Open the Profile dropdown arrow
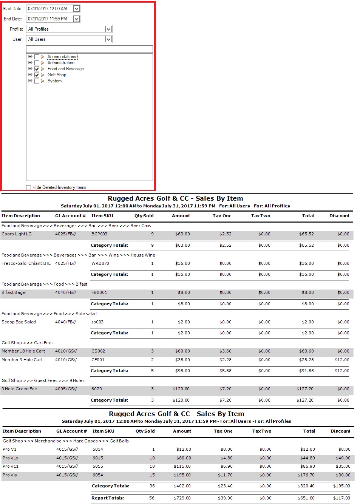tap(108, 29)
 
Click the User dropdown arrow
tap(108, 39)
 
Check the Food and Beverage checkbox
tap(37, 69)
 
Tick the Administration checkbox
tap(37, 63)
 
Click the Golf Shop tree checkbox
tap(37, 75)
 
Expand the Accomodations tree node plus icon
tap(30, 57)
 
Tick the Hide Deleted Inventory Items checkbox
tap(29, 187)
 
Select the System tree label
tap(54, 81)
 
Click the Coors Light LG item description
tap(17, 234)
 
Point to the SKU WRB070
tap(100, 264)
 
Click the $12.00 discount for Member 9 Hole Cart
tap(342, 360)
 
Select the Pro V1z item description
tap(11, 467)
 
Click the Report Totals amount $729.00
tap(182, 498)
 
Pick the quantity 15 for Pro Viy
tap(152, 475)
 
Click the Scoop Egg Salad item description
tap(19, 322)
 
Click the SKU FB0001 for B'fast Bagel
tap(99, 293)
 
